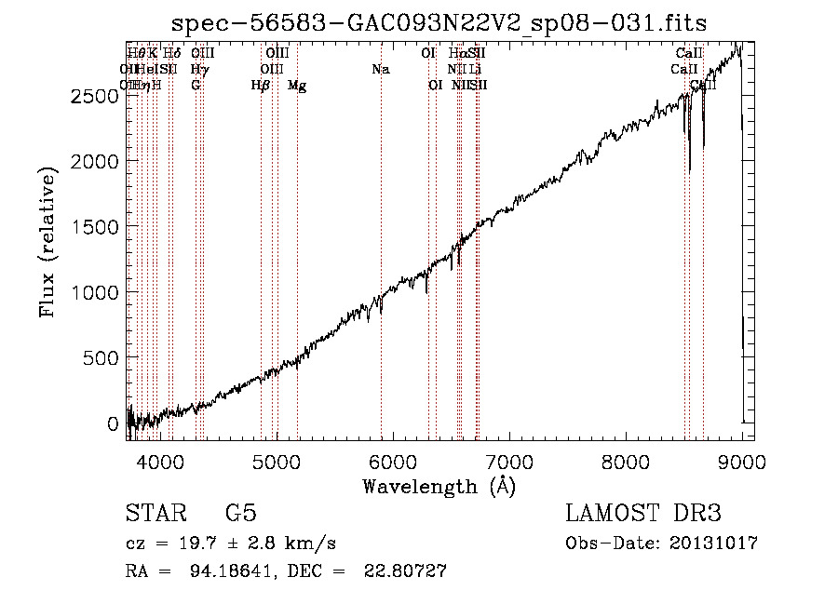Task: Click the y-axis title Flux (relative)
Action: (47, 240)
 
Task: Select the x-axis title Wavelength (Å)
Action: (439, 486)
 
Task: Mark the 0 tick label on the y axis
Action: (115, 423)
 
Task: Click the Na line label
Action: (380, 69)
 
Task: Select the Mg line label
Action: (297, 86)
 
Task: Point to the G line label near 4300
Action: (196, 85)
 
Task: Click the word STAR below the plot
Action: (155, 514)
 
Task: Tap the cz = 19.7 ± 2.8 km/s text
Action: (230, 544)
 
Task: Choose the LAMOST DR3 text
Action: (643, 514)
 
